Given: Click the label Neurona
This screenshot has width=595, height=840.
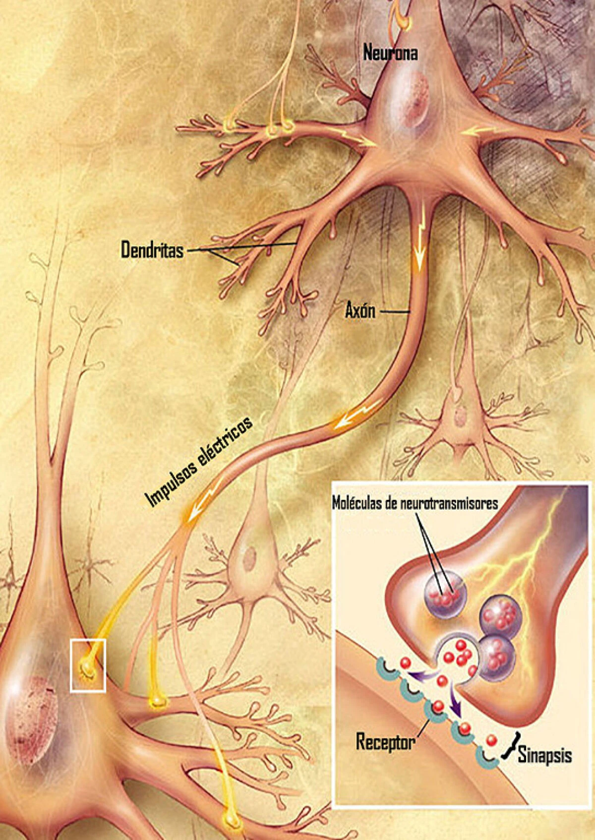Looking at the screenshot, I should pos(390,53).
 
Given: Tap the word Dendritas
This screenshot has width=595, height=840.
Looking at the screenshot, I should pos(152,250).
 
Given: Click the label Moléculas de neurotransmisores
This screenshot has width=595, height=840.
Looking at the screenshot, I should pos(414,504).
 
